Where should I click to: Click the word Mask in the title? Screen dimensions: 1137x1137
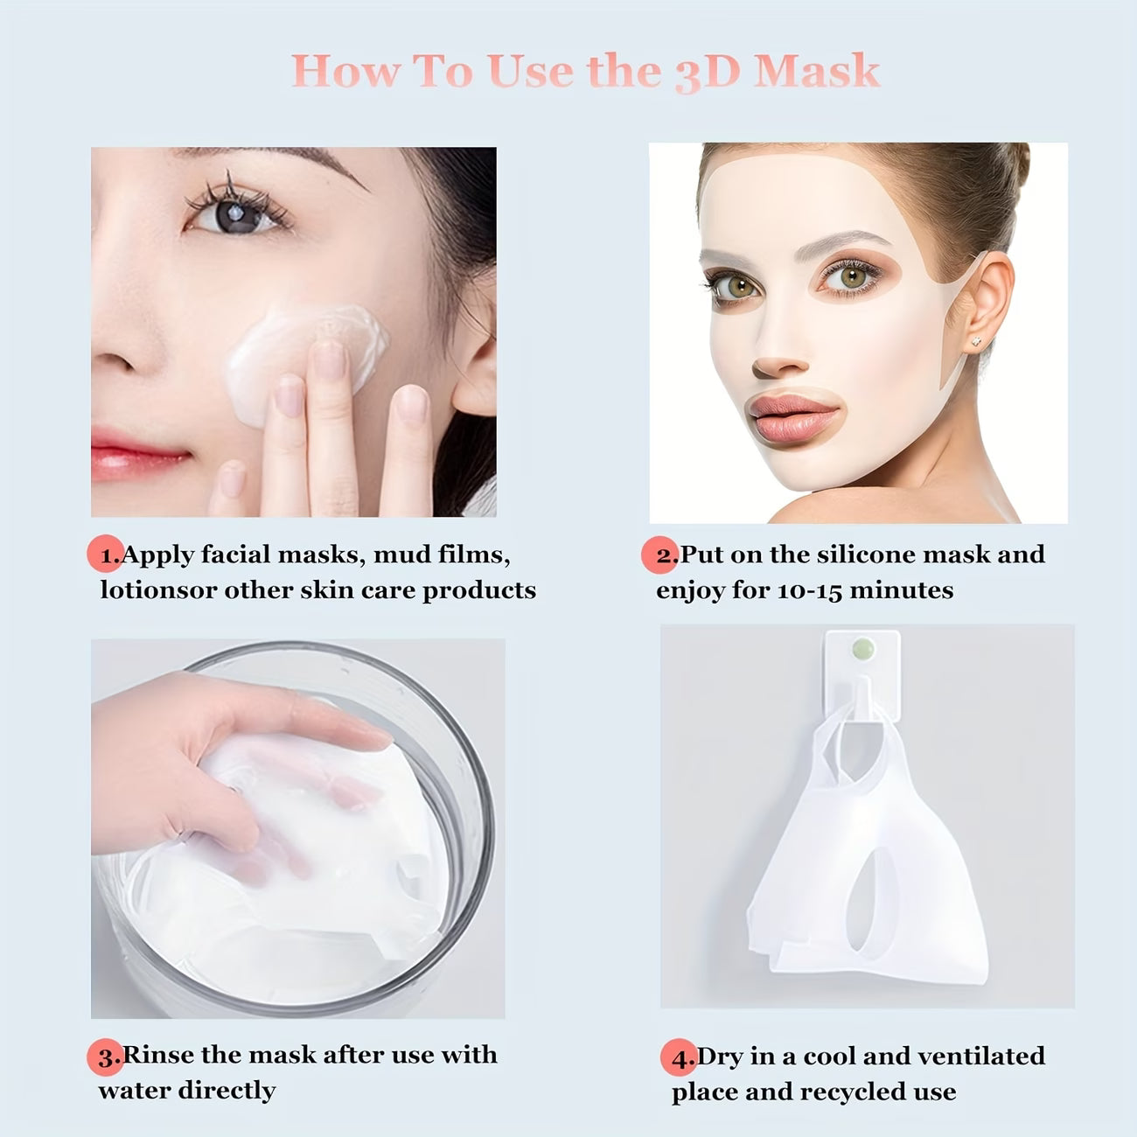click(x=817, y=70)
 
